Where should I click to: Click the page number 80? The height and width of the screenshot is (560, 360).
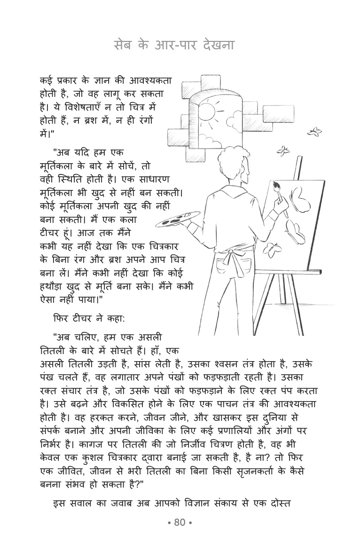click(x=180, y=522)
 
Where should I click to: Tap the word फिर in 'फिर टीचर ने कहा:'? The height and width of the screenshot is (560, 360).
click(x=61, y=318)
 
